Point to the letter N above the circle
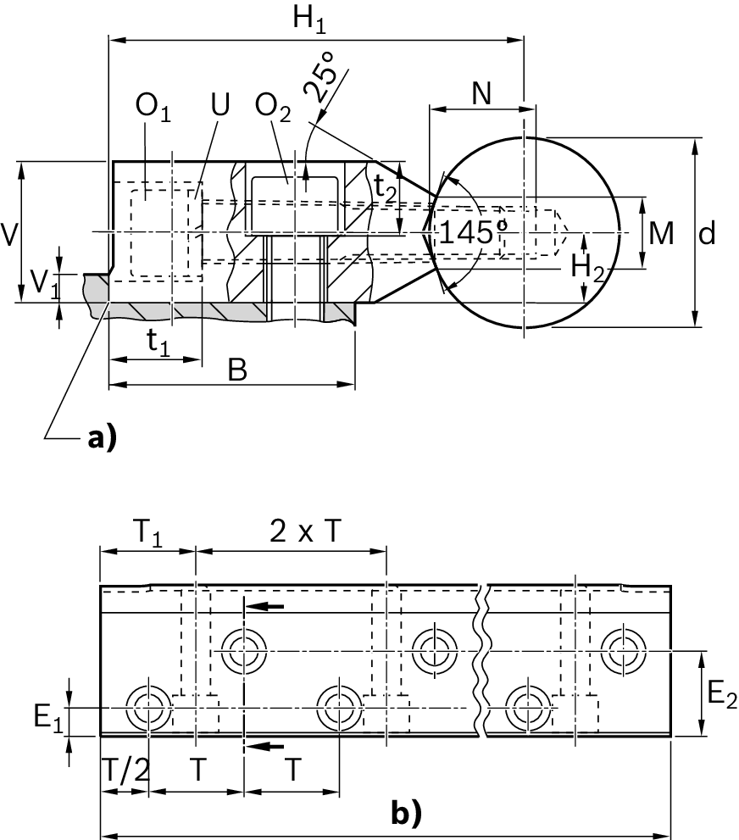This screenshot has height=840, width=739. tap(481, 94)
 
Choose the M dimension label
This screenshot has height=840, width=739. tap(660, 232)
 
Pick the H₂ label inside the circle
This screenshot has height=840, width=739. tap(586, 265)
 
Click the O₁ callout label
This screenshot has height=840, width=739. tap(153, 108)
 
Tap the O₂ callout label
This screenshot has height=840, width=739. tap(273, 108)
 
